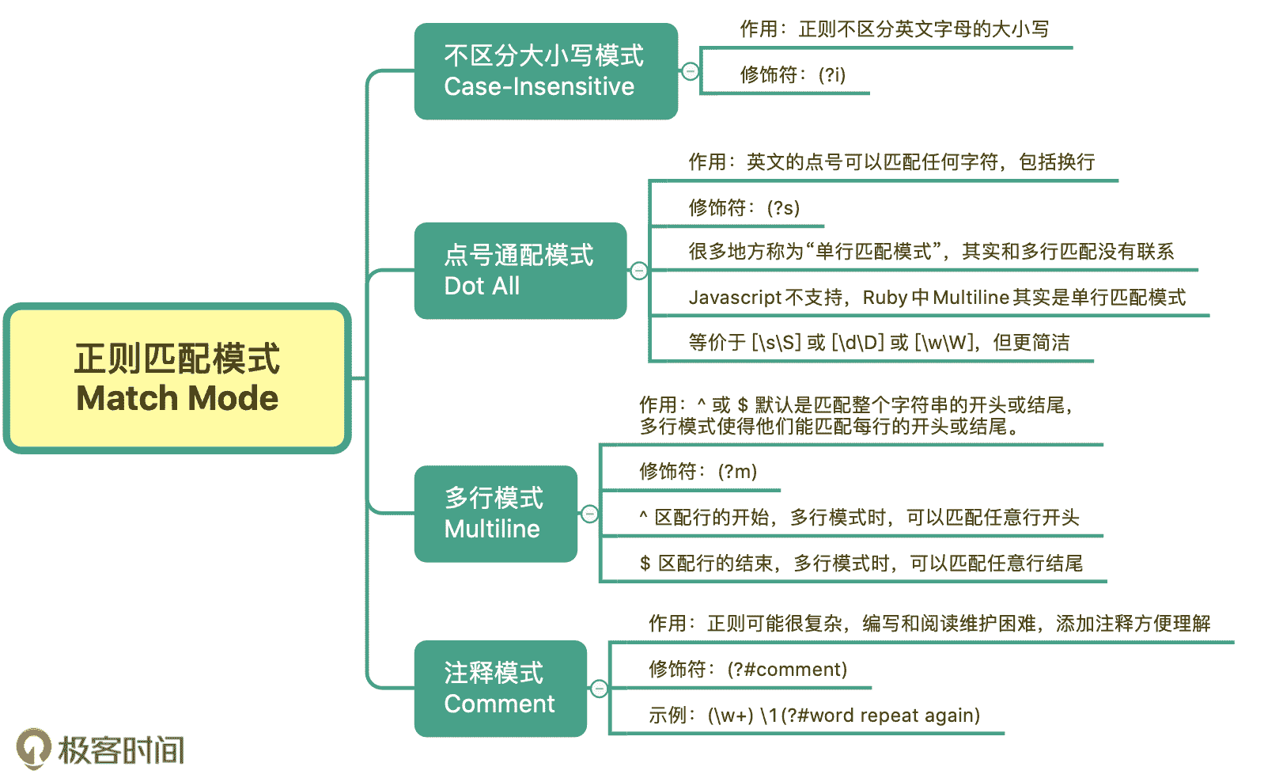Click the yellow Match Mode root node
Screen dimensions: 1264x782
point(177,378)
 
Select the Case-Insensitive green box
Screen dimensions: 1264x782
point(546,71)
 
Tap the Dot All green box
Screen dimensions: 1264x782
point(520,271)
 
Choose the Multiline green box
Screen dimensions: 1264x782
point(496,514)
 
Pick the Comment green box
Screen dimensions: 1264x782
point(501,689)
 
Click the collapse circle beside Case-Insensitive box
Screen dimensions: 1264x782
point(691,71)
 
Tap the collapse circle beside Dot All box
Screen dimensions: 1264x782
point(639,271)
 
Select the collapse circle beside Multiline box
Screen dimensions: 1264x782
point(589,514)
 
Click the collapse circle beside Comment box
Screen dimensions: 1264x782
point(600,689)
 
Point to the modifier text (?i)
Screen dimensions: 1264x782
point(832,75)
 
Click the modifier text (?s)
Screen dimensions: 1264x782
point(784,208)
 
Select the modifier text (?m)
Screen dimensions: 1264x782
point(737,472)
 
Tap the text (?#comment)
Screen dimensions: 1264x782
point(787,670)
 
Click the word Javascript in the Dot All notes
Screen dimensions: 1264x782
point(735,298)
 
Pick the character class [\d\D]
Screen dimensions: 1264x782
point(857,343)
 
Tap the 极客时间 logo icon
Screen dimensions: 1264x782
point(34,749)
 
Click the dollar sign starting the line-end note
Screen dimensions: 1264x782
point(645,564)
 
